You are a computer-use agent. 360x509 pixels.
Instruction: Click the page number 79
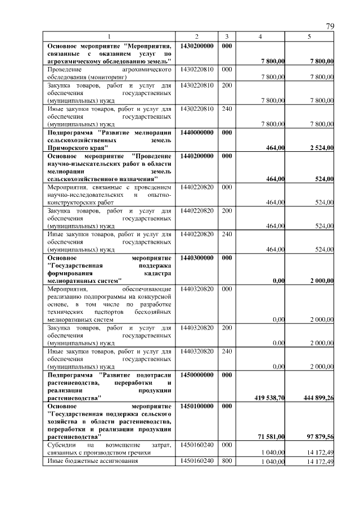pyautogui.click(x=330, y=26)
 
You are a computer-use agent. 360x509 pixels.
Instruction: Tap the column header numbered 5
pyautogui.click(x=309, y=37)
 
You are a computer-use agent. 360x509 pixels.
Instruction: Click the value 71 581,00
pyautogui.click(x=272, y=436)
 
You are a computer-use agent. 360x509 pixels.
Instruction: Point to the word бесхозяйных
pyautogui.click(x=152, y=311)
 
